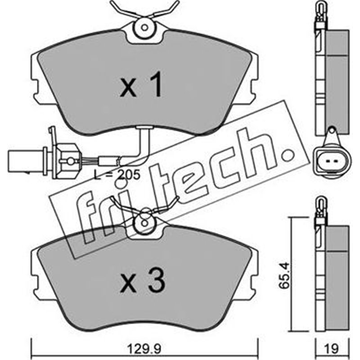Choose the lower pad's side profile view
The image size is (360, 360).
click(x=331, y=274)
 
